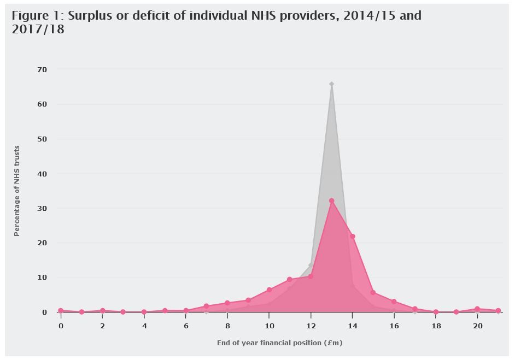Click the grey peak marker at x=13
point(331,84)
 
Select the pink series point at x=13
point(331,200)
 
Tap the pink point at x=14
point(352,237)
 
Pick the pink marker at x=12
point(311,276)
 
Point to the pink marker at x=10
point(269,290)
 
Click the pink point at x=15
point(373,292)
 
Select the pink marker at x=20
point(477,309)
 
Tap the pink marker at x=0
point(61,311)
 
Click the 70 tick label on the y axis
point(42,70)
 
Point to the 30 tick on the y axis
point(42,208)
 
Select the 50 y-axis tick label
point(42,139)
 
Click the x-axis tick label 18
point(436,326)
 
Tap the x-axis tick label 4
point(144,326)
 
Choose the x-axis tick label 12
point(311,326)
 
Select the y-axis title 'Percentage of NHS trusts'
point(17,191)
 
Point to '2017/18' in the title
point(38,29)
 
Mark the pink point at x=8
point(227,303)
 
